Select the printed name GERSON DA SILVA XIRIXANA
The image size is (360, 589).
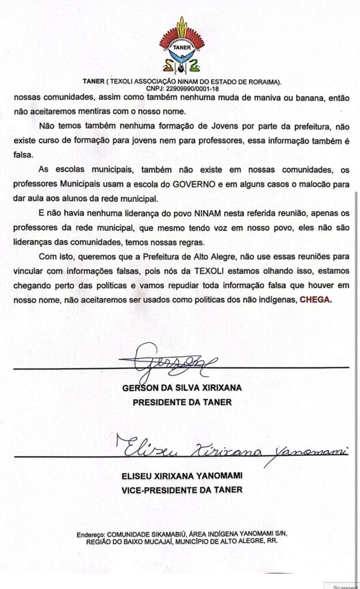(x=182, y=388)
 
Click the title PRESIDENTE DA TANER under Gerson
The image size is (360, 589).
(x=182, y=402)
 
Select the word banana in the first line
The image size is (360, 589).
(x=306, y=98)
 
